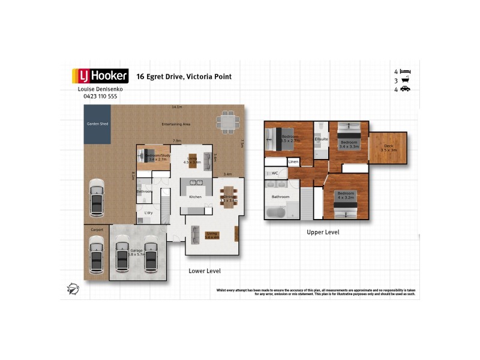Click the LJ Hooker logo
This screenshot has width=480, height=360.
[x=100, y=76]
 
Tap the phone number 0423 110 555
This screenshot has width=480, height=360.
[x=100, y=96]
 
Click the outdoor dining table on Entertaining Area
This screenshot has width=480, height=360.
[x=227, y=122]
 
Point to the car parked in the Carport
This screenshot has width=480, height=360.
[x=96, y=253]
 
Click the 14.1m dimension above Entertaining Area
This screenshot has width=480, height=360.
[x=176, y=107]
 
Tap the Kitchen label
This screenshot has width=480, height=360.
[x=196, y=197]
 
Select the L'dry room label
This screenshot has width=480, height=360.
[x=148, y=213]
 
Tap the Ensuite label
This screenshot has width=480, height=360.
[x=321, y=140]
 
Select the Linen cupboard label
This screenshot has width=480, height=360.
[x=293, y=162]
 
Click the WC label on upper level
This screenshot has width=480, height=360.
[x=275, y=173]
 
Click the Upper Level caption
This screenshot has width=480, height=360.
[x=323, y=232]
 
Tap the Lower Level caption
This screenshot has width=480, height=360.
[x=205, y=271]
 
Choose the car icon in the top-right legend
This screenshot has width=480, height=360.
[x=405, y=89]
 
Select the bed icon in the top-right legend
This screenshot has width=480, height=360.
[x=405, y=71]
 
